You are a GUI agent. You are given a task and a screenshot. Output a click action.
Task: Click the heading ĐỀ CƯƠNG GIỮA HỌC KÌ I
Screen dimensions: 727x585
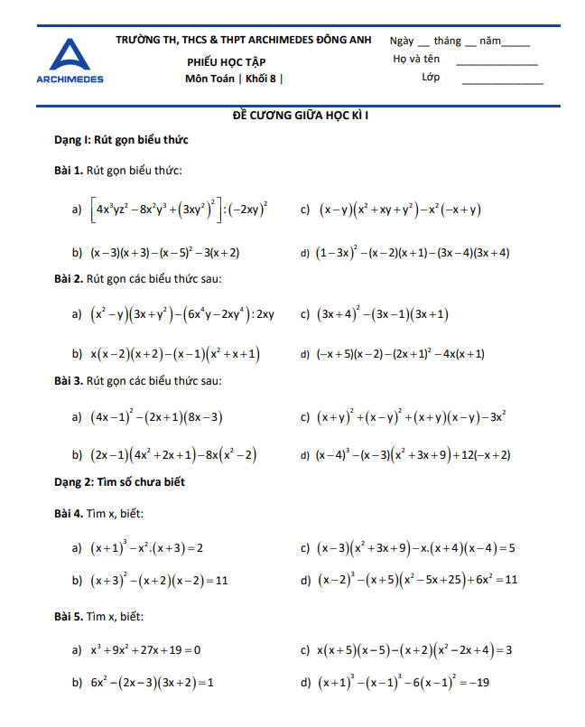[292, 116]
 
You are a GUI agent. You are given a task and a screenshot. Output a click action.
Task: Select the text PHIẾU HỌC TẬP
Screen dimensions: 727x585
[227, 61]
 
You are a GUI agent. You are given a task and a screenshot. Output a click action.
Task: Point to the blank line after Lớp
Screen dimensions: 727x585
[502, 82]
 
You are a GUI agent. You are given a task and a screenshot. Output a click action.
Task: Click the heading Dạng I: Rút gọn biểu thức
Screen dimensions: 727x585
[121, 141]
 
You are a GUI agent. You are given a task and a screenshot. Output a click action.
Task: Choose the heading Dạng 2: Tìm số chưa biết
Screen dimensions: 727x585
[119, 482]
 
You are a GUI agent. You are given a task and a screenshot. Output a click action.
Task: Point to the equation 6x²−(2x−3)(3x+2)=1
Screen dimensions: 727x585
[152, 683]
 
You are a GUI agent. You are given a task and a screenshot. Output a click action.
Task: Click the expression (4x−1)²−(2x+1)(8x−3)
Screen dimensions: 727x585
[157, 417]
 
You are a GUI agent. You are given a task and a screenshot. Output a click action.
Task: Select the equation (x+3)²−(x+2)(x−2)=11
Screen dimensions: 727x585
[159, 579]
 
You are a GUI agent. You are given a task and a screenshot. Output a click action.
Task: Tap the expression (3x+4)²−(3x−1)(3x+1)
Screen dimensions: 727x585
[383, 314]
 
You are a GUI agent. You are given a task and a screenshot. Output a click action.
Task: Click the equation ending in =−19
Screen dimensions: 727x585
[403, 683]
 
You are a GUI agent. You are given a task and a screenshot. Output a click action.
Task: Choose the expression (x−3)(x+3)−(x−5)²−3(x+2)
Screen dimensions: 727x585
[164, 253]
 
